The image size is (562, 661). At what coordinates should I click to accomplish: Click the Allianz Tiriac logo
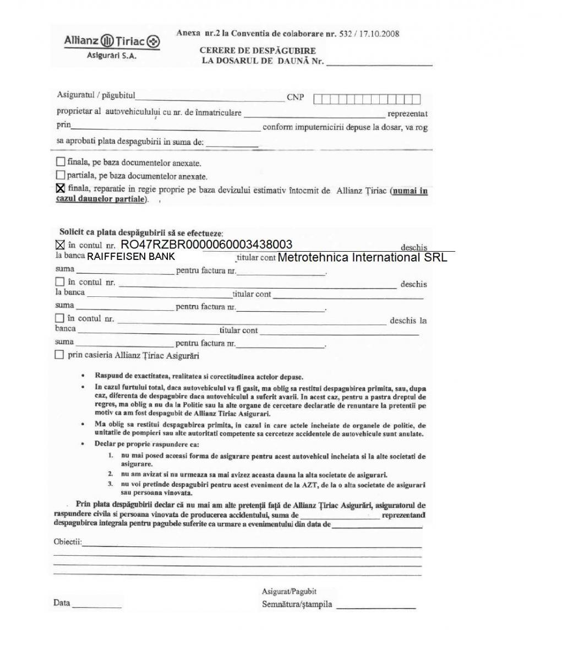coord(112,41)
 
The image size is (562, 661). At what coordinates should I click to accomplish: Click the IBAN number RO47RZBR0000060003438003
coord(206,245)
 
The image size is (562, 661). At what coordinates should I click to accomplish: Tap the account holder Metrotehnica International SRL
coord(363,257)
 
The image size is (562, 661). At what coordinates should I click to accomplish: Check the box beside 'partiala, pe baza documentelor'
coord(60,176)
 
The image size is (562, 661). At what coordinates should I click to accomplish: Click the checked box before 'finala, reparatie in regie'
coord(60,189)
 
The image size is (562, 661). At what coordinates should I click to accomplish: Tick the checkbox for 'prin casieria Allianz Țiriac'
coord(59,355)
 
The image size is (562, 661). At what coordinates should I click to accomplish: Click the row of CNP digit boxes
coord(367,99)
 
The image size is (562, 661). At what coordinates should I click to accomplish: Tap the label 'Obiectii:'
coord(67,542)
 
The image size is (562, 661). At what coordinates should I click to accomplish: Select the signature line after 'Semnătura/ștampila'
coord(376,607)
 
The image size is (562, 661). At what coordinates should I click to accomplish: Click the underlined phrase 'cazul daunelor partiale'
coord(102,199)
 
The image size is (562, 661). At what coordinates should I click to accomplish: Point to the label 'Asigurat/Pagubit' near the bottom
coord(289,591)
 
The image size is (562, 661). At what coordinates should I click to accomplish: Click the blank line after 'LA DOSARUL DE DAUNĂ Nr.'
coord(379,64)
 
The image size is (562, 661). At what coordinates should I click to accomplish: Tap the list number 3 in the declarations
coord(110,484)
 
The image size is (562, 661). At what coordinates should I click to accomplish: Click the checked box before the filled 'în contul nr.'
coord(60,245)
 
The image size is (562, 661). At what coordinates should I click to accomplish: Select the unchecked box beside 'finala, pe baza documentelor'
coord(60,162)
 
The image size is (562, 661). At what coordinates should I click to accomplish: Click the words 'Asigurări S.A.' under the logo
coord(112,56)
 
